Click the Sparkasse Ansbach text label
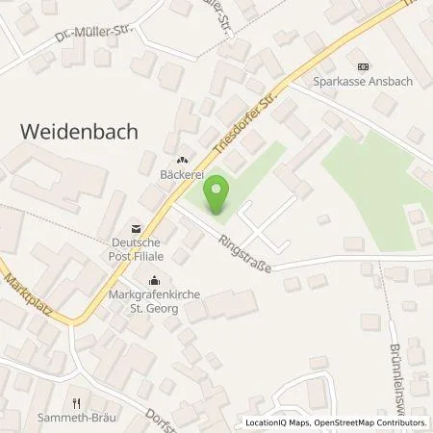coord(362,82)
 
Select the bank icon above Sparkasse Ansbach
coord(362,66)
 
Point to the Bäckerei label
coord(180,176)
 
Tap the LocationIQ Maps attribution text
coord(276,423)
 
